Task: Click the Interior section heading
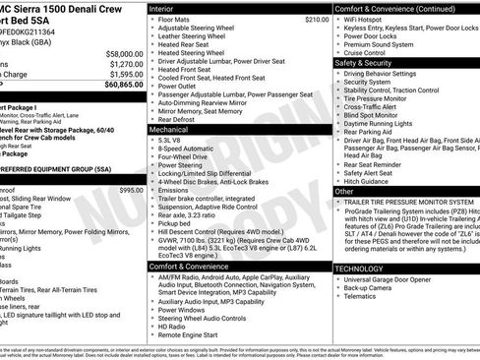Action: [x=163, y=7]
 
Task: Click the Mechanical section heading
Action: [x=169, y=129]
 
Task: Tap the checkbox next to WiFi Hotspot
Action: [x=337, y=19]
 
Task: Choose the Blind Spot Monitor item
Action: [x=376, y=115]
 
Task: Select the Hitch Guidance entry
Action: [x=370, y=180]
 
